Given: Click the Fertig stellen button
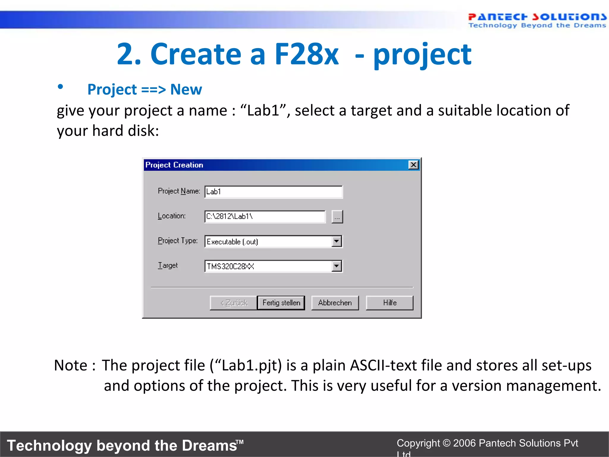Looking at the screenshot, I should point(281,303).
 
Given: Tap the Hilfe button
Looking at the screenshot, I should point(390,303).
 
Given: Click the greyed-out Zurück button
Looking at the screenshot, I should point(233,303).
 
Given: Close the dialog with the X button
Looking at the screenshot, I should point(413,165).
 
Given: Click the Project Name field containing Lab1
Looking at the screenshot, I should point(273,192).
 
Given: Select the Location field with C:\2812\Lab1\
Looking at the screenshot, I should point(265,217).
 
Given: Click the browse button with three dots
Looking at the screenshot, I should point(337,217).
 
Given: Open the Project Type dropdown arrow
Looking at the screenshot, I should point(336,241).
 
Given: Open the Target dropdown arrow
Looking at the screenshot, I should point(336,266).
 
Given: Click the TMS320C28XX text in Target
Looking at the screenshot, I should point(230,266).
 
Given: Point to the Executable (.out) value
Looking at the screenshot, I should point(232,242).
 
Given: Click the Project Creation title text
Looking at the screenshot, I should point(174,165).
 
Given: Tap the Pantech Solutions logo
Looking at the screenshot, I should point(537,20).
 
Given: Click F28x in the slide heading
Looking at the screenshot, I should point(306,54).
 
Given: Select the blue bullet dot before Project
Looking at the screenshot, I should point(60,87).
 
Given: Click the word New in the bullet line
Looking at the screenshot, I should point(186,90).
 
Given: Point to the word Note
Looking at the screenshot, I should point(70,365).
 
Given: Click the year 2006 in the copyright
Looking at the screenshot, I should point(464,443).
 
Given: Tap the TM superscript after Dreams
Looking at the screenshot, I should point(240,442).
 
